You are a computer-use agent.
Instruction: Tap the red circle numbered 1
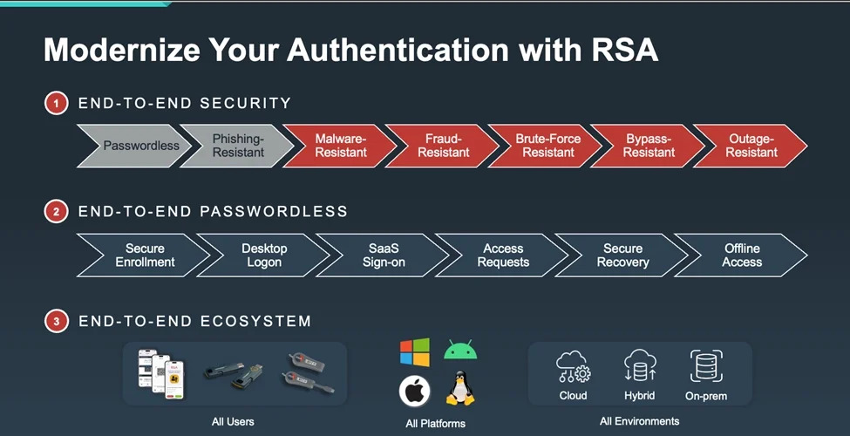pyautogui.click(x=57, y=103)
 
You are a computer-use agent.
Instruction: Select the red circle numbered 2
pyautogui.click(x=57, y=212)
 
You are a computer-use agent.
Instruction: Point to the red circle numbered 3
pyautogui.click(x=57, y=321)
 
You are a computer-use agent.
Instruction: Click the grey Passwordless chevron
pyautogui.click(x=135, y=146)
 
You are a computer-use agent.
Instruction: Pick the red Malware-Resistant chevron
pyautogui.click(x=340, y=146)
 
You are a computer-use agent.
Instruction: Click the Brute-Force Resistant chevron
pyautogui.click(x=547, y=146)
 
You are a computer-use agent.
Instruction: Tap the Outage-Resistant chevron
pyautogui.click(x=751, y=146)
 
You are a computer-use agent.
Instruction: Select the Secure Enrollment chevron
pyautogui.click(x=144, y=255)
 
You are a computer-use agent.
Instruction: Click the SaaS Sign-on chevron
pyautogui.click(x=383, y=255)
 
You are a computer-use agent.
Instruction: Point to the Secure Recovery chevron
pyautogui.click(x=622, y=255)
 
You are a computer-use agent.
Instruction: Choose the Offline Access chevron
pyautogui.click(x=741, y=255)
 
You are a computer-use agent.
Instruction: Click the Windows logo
pyautogui.click(x=415, y=352)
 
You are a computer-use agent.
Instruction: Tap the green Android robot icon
pyautogui.click(x=460, y=351)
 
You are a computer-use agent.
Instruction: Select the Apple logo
pyautogui.click(x=415, y=391)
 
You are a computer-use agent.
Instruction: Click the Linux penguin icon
pyautogui.click(x=460, y=388)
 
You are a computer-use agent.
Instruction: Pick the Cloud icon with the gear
pyautogui.click(x=573, y=366)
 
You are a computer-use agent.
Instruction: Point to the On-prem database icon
pyautogui.click(x=706, y=365)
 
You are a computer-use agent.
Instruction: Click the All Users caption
pyautogui.click(x=233, y=421)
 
